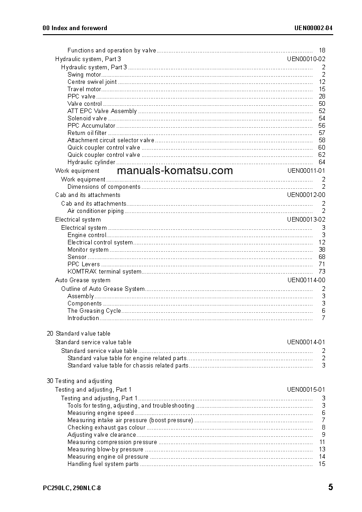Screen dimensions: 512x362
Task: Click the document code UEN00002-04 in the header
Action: point(313,28)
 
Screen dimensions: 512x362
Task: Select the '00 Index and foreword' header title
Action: point(75,28)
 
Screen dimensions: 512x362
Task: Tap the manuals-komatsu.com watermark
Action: point(175,171)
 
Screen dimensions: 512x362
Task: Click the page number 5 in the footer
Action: point(330,487)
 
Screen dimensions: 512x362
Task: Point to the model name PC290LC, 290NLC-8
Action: point(72,488)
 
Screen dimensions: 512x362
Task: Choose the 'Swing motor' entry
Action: point(84,74)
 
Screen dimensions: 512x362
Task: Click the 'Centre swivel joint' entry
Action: point(92,82)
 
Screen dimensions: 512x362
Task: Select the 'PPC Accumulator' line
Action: point(91,126)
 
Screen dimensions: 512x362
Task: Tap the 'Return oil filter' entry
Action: point(87,133)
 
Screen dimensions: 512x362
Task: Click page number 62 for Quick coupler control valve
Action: point(322,155)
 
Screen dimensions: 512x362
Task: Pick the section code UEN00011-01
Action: point(306,171)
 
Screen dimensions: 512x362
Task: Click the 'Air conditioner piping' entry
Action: point(95,211)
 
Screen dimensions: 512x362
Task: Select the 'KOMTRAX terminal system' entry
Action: point(105,272)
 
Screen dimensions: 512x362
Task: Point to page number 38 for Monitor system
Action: point(322,250)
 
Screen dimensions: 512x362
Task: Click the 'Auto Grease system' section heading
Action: point(83,280)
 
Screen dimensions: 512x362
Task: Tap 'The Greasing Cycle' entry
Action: point(94,311)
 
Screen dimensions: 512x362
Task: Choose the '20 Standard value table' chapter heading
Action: point(79,334)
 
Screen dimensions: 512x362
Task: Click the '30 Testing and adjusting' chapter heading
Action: point(79,381)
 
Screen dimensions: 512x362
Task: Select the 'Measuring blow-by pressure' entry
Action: point(105,450)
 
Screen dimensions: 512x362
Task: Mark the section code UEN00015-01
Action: point(306,390)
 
